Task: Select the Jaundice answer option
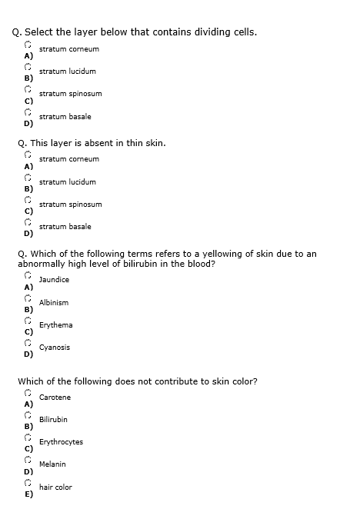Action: (x=54, y=280)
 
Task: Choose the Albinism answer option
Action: (x=54, y=303)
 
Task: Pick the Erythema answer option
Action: (x=55, y=325)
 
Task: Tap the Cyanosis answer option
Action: (x=55, y=348)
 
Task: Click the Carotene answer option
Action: (x=55, y=397)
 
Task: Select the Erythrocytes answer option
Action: (x=61, y=442)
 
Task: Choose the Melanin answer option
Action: (x=52, y=464)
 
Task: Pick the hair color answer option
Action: (x=55, y=487)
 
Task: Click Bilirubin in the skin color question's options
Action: (x=53, y=420)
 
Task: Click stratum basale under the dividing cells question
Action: (x=65, y=117)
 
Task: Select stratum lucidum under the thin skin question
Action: (x=68, y=182)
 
